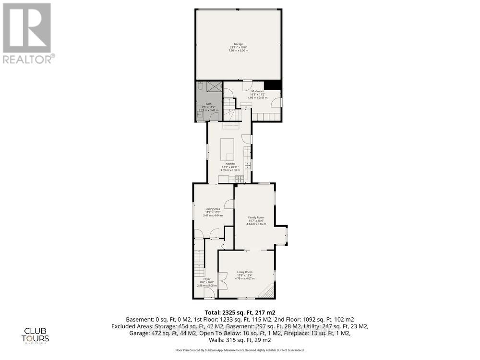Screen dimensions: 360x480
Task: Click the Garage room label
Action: click(x=238, y=47)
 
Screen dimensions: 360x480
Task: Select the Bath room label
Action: click(x=208, y=107)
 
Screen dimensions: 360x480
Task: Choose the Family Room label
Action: click(x=256, y=221)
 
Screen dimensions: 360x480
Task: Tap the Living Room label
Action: click(x=244, y=275)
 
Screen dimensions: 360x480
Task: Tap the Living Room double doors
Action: click(x=222, y=278)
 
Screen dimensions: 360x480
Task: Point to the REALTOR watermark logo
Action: click(x=28, y=34)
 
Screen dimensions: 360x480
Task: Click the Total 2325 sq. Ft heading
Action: click(x=240, y=312)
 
